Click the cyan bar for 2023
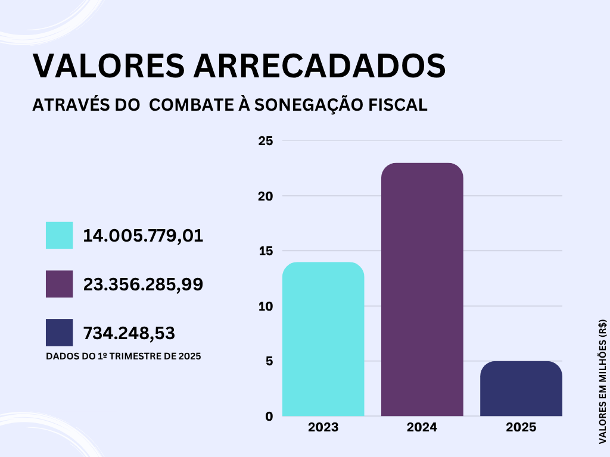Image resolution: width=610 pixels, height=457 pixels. click(323, 339)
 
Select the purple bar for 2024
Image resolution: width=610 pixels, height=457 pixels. click(422, 289)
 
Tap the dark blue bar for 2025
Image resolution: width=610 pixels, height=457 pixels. click(521, 389)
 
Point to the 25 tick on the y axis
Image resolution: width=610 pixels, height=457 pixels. click(266, 141)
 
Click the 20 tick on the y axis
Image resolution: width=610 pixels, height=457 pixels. click(266, 196)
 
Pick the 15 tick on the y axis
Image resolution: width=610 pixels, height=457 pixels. click(266, 251)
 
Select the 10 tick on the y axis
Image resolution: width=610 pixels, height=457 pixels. click(266, 306)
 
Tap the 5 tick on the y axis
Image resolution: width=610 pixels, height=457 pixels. click(269, 361)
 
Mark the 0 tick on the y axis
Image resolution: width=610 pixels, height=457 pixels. click(269, 417)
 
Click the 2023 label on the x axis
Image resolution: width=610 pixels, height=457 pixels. click(323, 427)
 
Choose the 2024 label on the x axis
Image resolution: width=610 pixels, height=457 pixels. click(422, 427)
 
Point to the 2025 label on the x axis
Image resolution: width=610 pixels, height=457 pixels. click(521, 427)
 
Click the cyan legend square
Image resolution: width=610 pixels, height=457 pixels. click(59, 235)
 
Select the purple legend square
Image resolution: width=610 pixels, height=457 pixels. click(59, 284)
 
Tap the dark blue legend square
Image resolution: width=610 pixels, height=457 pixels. click(59, 333)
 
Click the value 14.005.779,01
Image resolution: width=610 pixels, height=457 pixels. click(143, 236)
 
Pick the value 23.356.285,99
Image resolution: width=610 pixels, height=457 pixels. click(143, 284)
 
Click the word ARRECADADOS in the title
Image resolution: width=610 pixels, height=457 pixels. click(319, 66)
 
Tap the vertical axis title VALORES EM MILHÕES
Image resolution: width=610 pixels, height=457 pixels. click(602, 381)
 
